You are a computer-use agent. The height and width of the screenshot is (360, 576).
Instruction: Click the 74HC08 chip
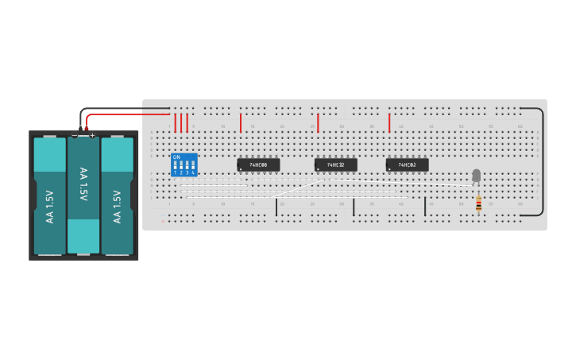[x=258, y=165]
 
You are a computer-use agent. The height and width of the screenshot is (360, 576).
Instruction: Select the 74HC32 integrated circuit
[x=335, y=165]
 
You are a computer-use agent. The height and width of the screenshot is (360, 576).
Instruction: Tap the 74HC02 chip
[x=407, y=165]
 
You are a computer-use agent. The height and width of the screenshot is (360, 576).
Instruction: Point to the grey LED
[x=476, y=176]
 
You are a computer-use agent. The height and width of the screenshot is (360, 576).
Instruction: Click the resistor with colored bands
[x=478, y=205]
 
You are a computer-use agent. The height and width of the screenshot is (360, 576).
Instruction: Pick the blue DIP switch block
[x=184, y=165]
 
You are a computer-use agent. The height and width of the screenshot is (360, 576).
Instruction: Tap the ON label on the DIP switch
[x=176, y=157]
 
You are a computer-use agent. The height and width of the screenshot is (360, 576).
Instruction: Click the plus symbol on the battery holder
[x=92, y=136]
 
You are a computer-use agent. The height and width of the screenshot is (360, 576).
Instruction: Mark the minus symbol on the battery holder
[x=75, y=136]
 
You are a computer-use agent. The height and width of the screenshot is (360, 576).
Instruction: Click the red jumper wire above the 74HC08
[x=241, y=122]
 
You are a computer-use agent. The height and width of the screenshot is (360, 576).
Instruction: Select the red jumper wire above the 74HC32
[x=318, y=122]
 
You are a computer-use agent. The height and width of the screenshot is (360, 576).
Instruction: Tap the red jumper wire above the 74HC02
[x=389, y=122]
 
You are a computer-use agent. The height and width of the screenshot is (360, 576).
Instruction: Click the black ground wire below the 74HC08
[x=276, y=207]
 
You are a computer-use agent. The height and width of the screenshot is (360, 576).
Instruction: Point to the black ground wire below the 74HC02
[x=425, y=207]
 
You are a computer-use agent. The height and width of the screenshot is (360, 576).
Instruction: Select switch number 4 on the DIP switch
[x=193, y=167]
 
